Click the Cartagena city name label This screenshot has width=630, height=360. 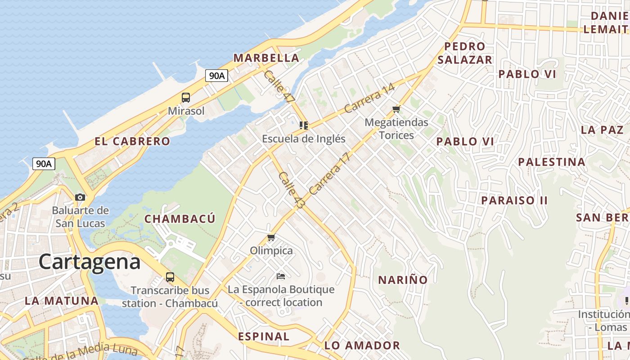89,261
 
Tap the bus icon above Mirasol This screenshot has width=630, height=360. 185,97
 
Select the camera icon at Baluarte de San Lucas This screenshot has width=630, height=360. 80,197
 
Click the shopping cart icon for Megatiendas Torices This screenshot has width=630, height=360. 396,109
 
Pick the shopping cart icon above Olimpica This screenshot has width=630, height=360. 271,238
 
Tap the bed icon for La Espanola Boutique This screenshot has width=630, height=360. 281,276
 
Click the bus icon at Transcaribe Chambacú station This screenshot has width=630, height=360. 170,277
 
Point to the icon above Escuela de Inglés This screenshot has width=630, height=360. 304,126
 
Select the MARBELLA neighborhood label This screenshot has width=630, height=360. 266,58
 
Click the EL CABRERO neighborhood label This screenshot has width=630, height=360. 132,141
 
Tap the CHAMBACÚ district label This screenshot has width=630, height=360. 180,219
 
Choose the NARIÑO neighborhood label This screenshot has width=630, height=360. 403,280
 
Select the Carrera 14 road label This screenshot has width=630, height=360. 369,99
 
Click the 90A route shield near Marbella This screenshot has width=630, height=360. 216,76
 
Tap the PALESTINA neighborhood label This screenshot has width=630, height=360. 551,162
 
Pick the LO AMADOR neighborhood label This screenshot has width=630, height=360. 362,346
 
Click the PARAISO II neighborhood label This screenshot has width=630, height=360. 514,200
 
